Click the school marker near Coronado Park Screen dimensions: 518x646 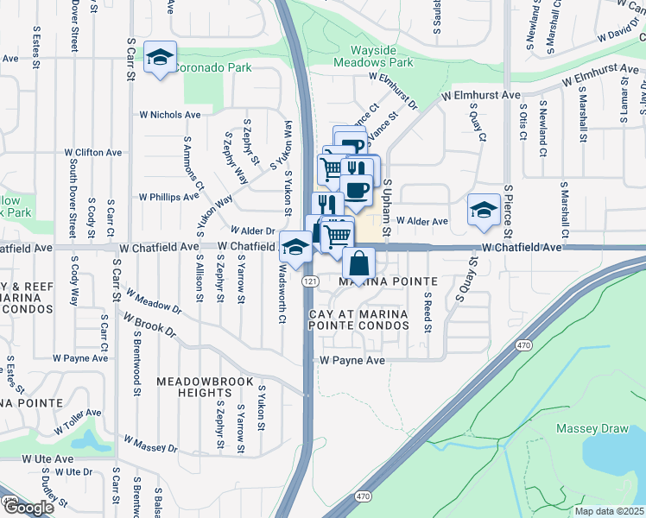(x=160, y=58)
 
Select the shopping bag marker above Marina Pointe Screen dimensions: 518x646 (x=358, y=264)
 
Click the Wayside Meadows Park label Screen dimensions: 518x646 (x=382, y=56)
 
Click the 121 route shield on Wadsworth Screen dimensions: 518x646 (x=308, y=281)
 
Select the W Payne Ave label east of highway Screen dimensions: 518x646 (x=352, y=360)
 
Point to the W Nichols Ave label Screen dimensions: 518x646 (x=169, y=114)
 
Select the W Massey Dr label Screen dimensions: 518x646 (x=150, y=445)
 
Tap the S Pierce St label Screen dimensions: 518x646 (x=509, y=212)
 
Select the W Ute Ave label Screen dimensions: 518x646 (x=47, y=458)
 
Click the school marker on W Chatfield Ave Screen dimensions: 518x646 (x=295, y=248)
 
